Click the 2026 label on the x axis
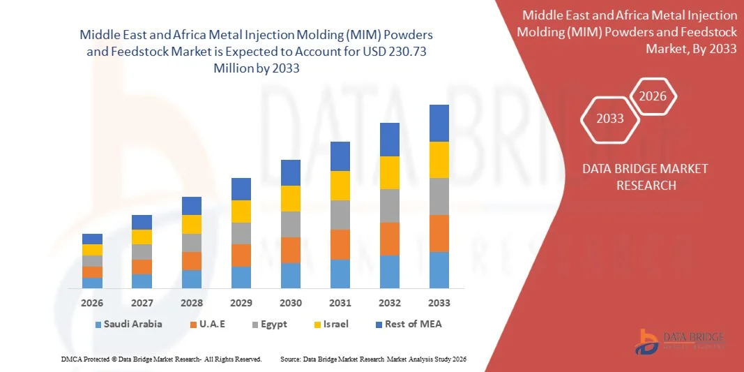tap(92, 303)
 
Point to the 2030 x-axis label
tap(291, 303)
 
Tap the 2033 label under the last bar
tap(439, 303)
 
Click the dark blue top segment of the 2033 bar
tap(439, 123)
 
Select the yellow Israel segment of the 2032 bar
tap(390, 172)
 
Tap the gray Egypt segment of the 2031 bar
tap(340, 215)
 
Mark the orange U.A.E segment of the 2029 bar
tap(241, 255)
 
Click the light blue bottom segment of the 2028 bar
tap(192, 279)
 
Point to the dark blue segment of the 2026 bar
tap(92, 239)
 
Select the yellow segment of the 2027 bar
tap(142, 237)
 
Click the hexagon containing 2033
tap(610, 118)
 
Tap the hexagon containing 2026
tap(653, 96)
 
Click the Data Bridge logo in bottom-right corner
tap(681, 341)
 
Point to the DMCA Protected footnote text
tap(160, 359)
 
